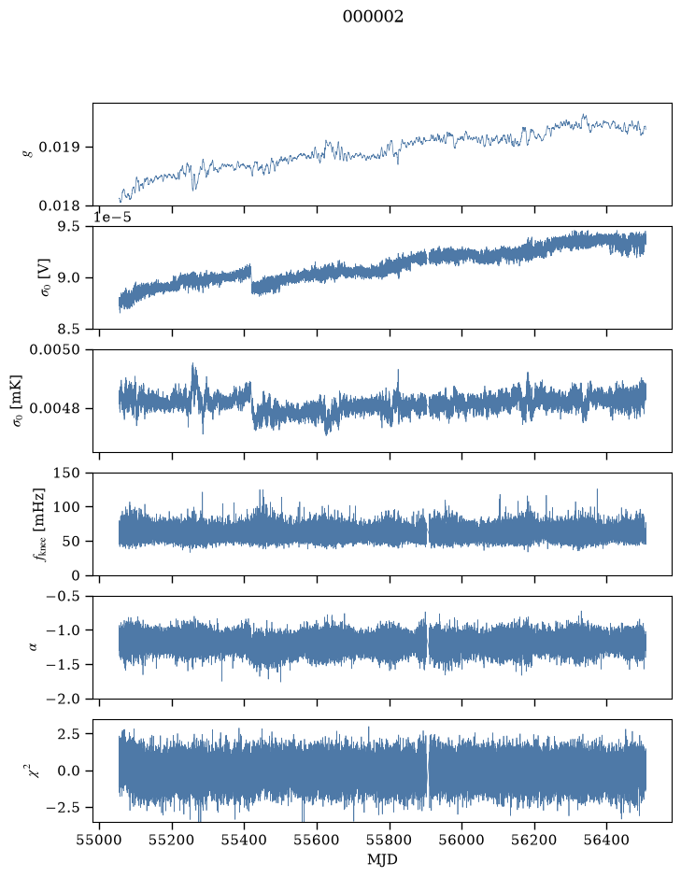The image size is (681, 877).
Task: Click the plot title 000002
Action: click(373, 17)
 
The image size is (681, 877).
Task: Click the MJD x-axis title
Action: click(382, 859)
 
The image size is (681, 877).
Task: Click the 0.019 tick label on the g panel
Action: click(59, 148)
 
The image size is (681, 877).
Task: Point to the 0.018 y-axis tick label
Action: click(59, 206)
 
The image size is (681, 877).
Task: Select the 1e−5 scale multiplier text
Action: click(112, 217)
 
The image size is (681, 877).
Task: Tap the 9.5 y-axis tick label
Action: click(68, 227)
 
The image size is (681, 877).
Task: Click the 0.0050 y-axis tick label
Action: click(55, 349)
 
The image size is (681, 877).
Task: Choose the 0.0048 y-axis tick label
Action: click(55, 408)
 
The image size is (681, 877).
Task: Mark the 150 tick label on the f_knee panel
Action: click(66, 474)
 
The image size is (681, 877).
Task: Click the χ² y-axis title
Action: click(35, 771)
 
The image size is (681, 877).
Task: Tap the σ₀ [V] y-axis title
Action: click(46, 277)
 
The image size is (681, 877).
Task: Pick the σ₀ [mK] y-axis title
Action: click(19, 401)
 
